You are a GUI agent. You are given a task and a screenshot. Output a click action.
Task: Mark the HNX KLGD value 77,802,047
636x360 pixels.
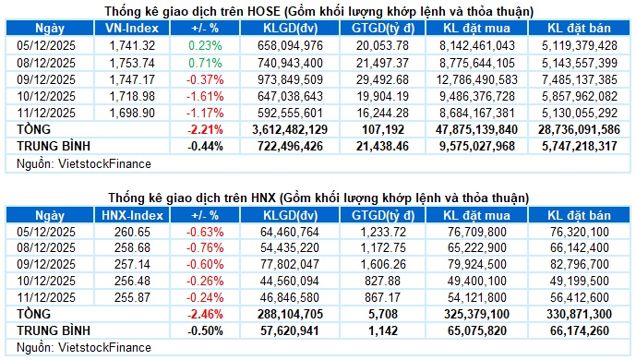288,264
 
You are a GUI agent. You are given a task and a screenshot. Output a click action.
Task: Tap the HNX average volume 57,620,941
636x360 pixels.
288,330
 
